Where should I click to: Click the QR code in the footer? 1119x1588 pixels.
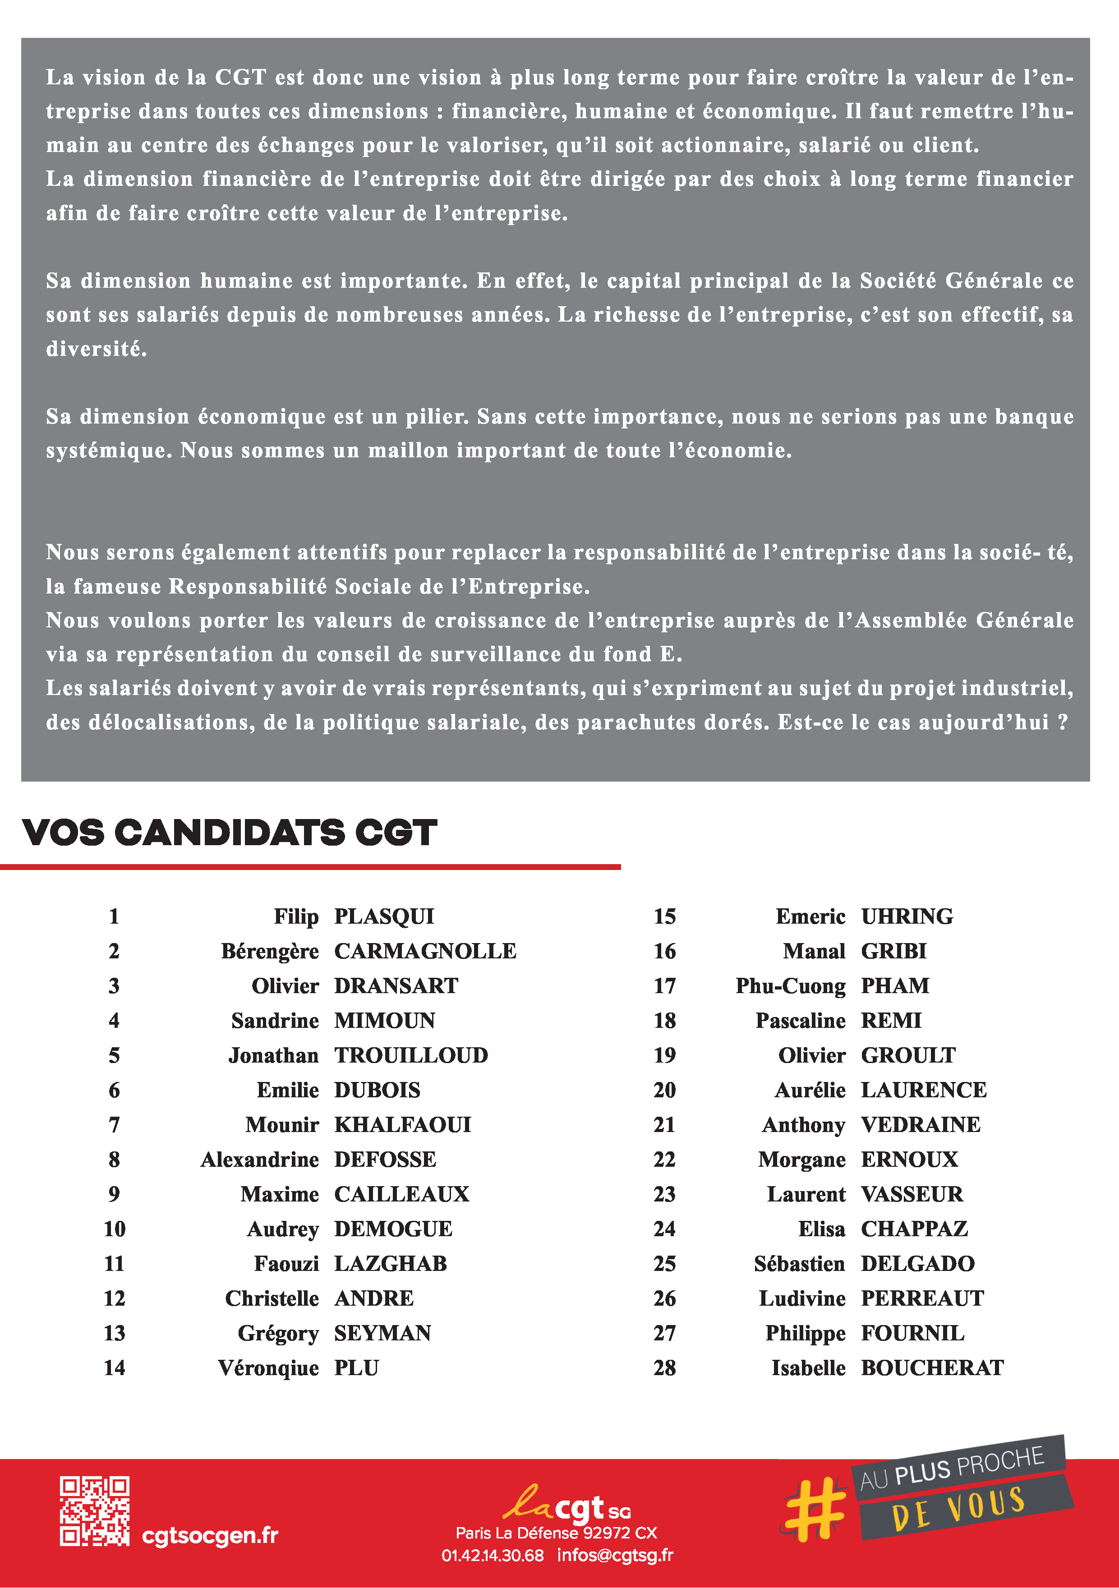coord(94,1511)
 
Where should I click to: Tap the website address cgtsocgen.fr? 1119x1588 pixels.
coord(210,1535)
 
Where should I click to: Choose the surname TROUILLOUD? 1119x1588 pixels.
coord(411,1055)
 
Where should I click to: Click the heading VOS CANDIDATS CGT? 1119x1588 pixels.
coord(229,832)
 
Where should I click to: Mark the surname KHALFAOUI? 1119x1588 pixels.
coord(402,1125)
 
